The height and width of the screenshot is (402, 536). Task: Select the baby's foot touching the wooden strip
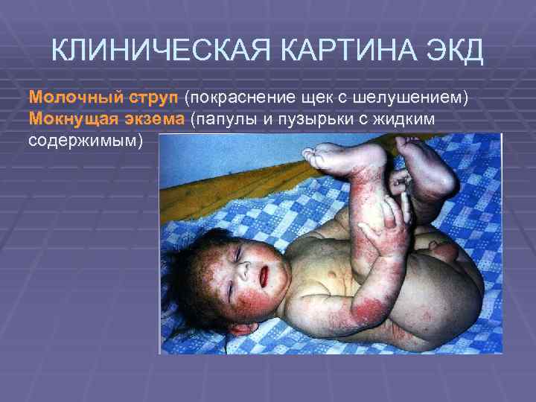(331, 157)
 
